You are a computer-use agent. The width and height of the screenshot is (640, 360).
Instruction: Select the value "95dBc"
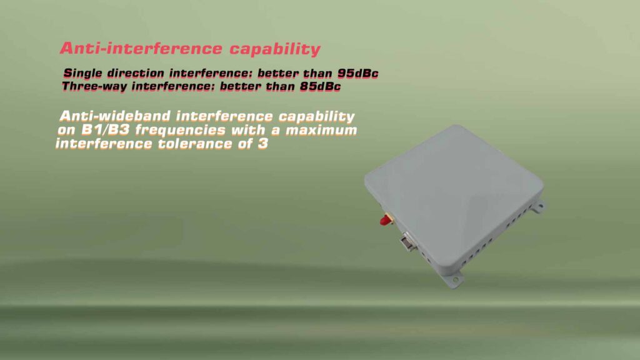354,73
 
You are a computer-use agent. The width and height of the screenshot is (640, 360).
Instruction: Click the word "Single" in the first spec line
82,73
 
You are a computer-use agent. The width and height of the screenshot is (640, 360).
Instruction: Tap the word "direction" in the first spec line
136,73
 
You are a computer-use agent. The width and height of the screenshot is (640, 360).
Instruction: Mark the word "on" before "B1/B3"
65,130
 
